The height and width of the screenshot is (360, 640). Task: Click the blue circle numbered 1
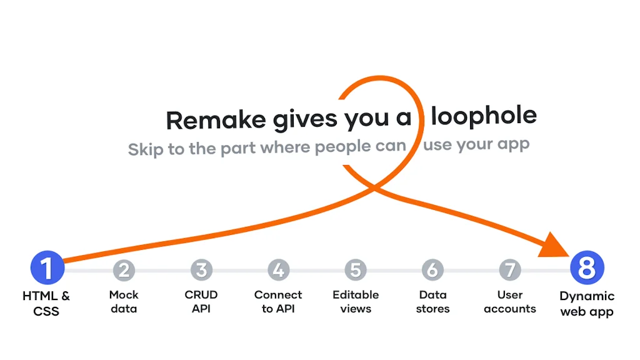coord(47,267)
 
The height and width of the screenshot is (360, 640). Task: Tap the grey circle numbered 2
coord(124,270)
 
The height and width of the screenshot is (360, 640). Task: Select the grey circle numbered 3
coord(201,270)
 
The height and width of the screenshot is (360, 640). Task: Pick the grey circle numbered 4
coord(278,270)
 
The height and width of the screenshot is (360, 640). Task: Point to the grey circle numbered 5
coord(356,270)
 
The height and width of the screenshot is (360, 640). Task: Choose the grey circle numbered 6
coord(432,270)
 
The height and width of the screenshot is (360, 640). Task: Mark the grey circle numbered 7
coord(510,270)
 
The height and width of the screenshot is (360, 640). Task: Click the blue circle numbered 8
coord(587,267)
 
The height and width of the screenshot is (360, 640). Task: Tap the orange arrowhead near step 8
coord(554,246)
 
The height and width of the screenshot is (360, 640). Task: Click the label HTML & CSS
coord(46,303)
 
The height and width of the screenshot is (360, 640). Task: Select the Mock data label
coord(124,302)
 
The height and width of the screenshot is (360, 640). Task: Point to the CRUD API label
coord(201,302)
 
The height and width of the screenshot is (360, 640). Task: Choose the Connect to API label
coord(278,302)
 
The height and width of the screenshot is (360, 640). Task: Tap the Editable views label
coord(356,302)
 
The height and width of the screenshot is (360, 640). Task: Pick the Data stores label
coord(432,302)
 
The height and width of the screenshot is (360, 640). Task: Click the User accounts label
coord(510,302)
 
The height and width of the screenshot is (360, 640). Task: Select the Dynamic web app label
coord(587,304)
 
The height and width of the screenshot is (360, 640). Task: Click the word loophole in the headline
coord(484,116)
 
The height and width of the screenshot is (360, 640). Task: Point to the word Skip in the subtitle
coord(145,149)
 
